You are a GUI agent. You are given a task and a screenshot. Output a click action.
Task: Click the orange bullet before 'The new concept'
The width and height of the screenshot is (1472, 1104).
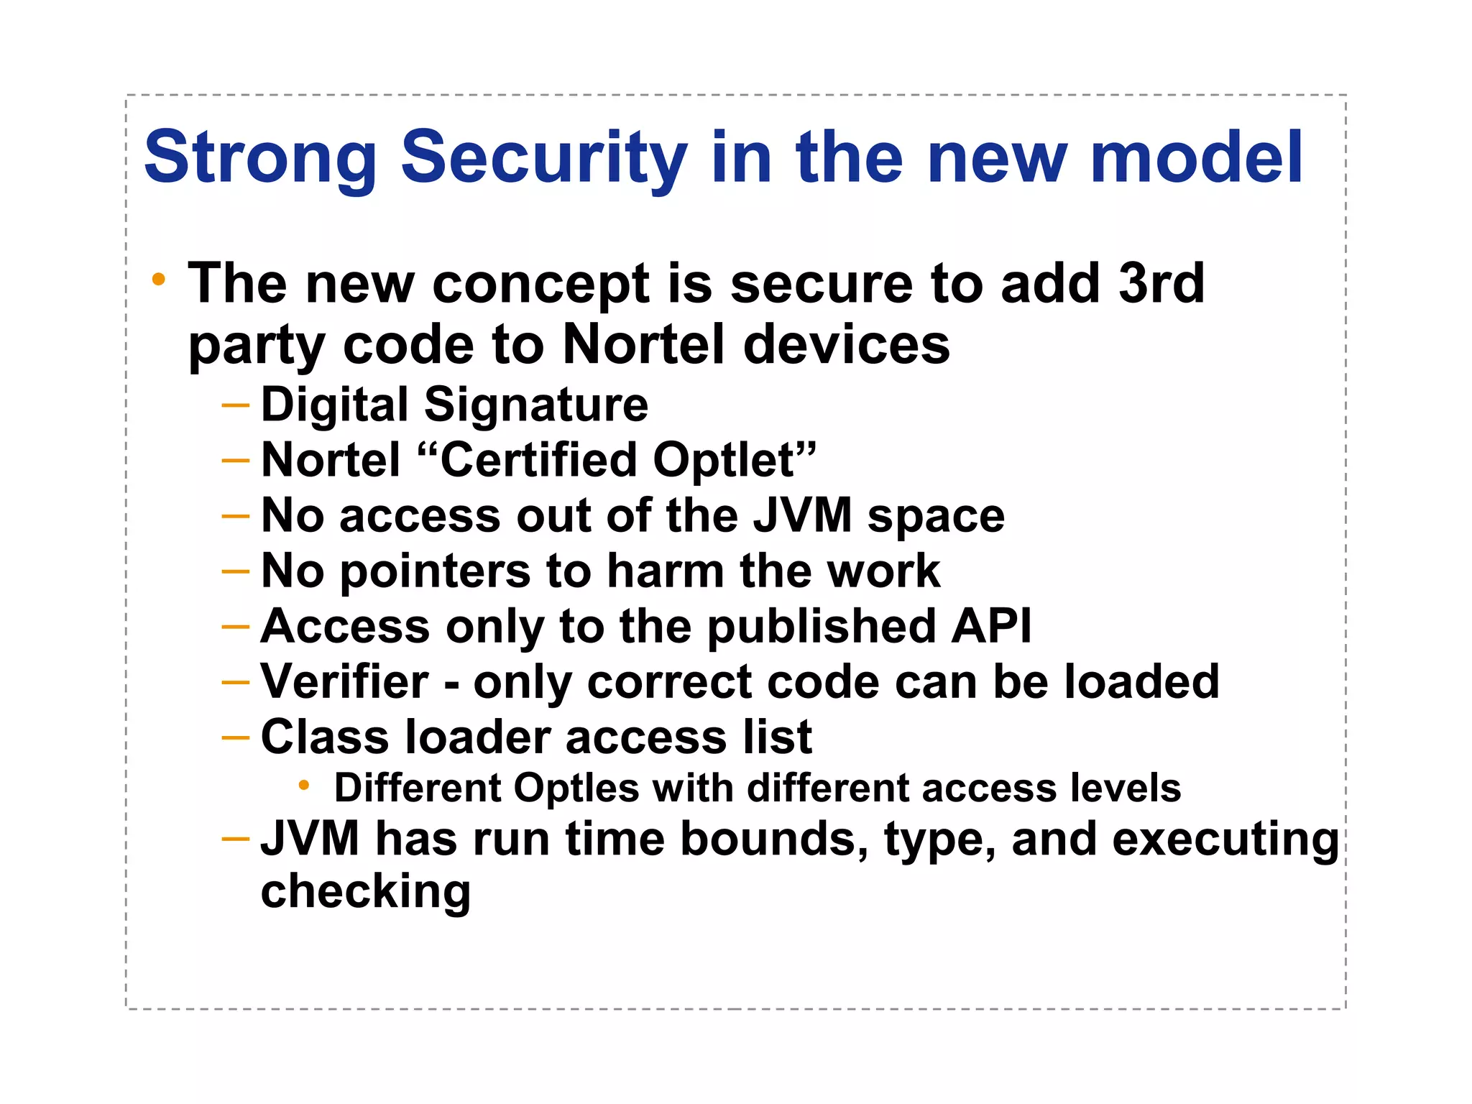pyautogui.click(x=159, y=280)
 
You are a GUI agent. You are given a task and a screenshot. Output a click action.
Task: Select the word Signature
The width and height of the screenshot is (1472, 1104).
pyautogui.click(x=536, y=405)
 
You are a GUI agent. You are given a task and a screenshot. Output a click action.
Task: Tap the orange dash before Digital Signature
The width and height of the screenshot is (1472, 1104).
pyautogui.click(x=236, y=405)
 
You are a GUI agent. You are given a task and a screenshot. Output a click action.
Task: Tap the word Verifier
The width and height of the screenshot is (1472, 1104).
pyautogui.click(x=345, y=681)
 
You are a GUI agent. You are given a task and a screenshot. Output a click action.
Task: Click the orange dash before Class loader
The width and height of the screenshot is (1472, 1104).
pyautogui.click(x=236, y=737)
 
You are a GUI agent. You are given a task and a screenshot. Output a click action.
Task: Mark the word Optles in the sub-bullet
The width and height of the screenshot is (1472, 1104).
pyautogui.click(x=576, y=788)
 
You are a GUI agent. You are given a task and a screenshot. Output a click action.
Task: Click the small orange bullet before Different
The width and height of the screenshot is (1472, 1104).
pyautogui.click(x=304, y=786)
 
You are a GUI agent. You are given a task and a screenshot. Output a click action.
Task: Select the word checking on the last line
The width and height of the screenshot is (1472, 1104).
pyautogui.click(x=365, y=892)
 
